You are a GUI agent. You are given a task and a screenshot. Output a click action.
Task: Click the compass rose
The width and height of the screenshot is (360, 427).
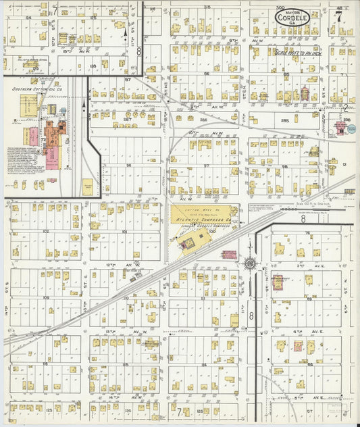(x=250, y=263)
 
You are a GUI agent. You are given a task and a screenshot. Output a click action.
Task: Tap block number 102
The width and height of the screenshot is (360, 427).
(x=47, y=231)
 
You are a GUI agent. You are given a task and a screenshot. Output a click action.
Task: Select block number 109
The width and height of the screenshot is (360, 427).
(x=47, y=297)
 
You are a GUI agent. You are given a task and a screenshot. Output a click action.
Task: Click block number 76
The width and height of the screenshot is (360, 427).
(x=307, y=233)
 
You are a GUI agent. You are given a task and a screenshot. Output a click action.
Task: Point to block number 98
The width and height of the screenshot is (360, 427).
(x=284, y=166)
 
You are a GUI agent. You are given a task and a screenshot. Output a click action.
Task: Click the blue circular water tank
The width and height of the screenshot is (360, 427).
(x=340, y=126)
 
